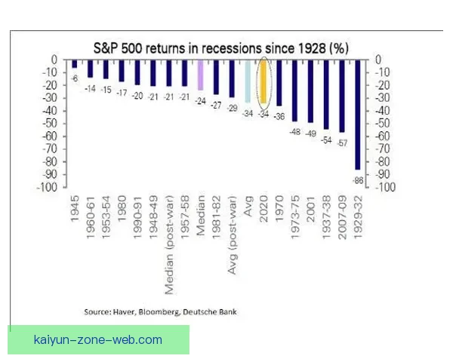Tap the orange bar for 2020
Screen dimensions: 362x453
(263, 81)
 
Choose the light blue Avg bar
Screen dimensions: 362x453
(248, 81)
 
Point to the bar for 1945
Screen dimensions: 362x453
(75, 64)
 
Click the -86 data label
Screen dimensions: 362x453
(357, 180)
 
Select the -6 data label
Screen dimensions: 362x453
(75, 78)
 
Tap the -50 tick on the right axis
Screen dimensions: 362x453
(382, 123)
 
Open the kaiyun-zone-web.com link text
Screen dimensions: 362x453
(98, 340)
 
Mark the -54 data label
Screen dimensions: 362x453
(326, 140)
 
